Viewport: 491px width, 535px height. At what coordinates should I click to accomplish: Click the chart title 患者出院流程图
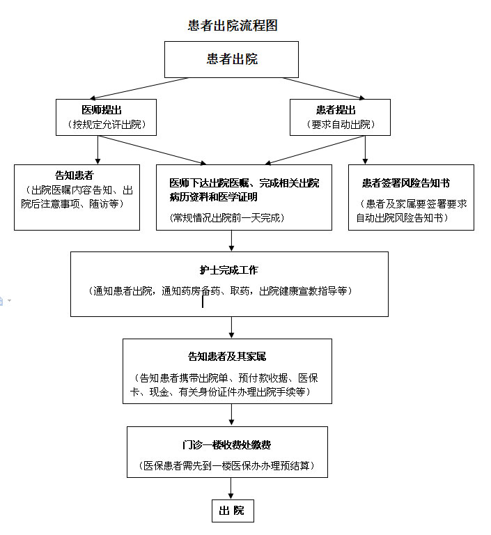[233, 26]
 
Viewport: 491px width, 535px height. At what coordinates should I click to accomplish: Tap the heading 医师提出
[102, 110]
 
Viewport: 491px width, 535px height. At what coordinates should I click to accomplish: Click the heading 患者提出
[336, 110]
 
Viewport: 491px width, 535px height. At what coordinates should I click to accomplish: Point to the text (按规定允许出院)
[107, 125]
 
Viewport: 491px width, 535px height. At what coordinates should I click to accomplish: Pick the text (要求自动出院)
[341, 125]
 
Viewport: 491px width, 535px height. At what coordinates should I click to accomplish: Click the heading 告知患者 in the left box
[75, 176]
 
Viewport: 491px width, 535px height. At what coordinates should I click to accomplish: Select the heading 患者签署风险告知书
[406, 183]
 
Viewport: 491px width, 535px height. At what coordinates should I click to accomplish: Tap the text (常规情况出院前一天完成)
[227, 217]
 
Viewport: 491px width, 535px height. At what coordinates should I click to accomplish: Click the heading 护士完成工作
[228, 270]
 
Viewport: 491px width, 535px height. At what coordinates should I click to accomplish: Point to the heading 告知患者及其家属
[227, 357]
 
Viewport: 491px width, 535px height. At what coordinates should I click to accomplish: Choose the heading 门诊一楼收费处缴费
[226, 445]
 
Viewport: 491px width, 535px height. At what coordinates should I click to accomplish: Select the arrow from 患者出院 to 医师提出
[139, 88]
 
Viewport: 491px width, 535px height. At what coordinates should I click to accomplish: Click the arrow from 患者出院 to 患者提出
[323, 88]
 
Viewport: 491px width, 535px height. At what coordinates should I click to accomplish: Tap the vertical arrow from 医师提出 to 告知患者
[98, 150]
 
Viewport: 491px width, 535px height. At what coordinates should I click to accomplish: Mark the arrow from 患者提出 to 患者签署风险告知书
[365, 150]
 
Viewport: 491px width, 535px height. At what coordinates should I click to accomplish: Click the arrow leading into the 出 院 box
[231, 488]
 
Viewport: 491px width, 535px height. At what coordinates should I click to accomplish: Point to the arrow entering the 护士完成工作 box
[232, 241]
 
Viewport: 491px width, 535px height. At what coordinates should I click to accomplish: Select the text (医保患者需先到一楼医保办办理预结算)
[226, 466]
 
